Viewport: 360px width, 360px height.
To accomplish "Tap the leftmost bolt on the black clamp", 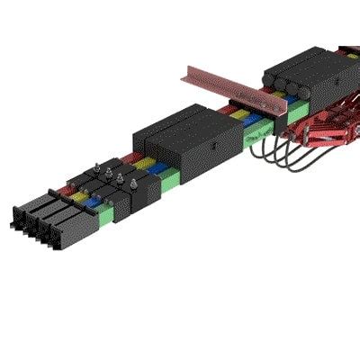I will tap(94, 168).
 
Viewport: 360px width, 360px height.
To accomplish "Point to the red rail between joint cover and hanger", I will tap(229, 111).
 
